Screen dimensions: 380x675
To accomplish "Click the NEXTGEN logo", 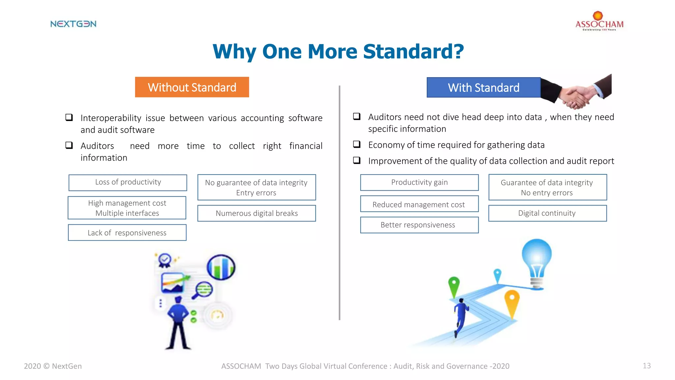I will click(x=73, y=24).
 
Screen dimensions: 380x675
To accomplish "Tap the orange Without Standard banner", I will click(x=192, y=87).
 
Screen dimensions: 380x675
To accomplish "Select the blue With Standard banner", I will click(x=483, y=87).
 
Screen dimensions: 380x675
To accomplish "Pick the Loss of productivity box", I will click(x=128, y=182).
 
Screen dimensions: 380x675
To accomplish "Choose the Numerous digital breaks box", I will click(x=256, y=213).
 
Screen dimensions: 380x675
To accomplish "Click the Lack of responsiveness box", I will click(x=127, y=233).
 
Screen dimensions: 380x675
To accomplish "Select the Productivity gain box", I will click(x=419, y=182).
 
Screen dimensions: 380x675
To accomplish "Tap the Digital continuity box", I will click(x=547, y=213).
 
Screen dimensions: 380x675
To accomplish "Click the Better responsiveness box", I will click(x=419, y=225).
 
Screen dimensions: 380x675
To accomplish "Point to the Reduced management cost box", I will click(x=419, y=204).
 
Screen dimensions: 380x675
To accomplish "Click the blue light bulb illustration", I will click(x=537, y=261).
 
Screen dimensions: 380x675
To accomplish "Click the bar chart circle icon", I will click(x=221, y=267).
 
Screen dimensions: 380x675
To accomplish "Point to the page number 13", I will click(x=646, y=365).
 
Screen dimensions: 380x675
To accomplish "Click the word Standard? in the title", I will click(x=413, y=52).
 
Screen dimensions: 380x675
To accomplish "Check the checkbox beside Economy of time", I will click(x=357, y=144).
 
